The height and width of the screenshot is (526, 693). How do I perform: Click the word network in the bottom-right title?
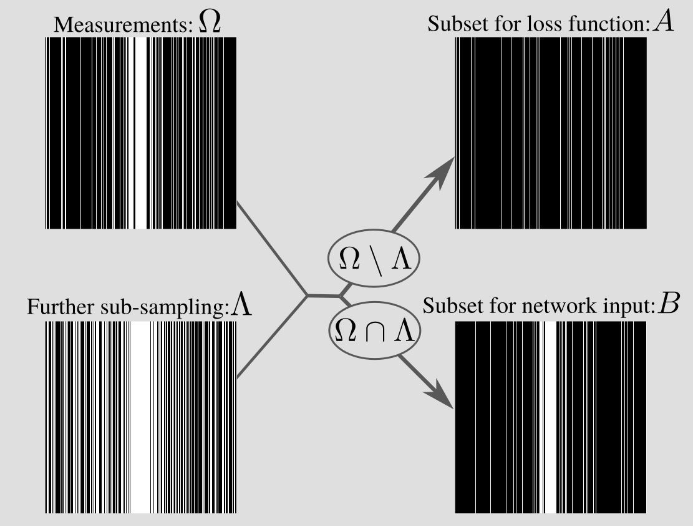560,307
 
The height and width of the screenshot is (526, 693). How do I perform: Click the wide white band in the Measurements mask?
140,132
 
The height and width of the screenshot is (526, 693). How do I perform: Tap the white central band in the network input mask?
550,417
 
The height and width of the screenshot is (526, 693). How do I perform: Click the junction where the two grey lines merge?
307,294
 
